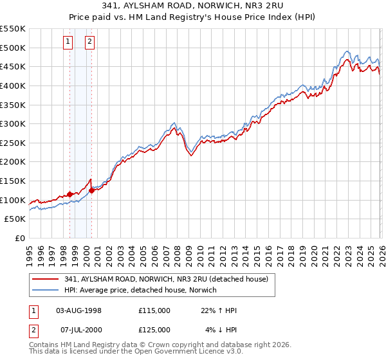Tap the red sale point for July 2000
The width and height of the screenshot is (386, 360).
(91, 190)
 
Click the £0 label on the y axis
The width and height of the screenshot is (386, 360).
(19, 238)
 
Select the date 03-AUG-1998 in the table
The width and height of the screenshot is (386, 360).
(78, 310)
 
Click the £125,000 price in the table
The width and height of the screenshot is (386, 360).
(154, 330)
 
